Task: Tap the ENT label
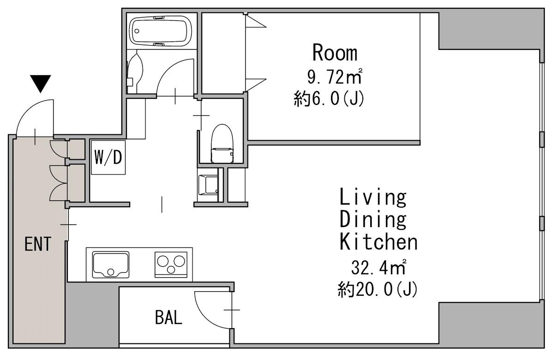click(x=38, y=244)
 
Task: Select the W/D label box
click(x=108, y=157)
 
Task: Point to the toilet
click(x=222, y=144)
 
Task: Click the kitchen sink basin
click(x=110, y=265)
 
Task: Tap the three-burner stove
click(x=171, y=265)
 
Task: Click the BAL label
click(x=169, y=318)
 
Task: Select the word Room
click(x=335, y=53)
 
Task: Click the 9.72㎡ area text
click(x=335, y=77)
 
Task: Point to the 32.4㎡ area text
click(x=379, y=267)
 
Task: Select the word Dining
click(x=373, y=220)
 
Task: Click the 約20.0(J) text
click(x=378, y=289)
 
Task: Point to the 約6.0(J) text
click(x=329, y=98)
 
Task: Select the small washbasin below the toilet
click(x=208, y=185)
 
